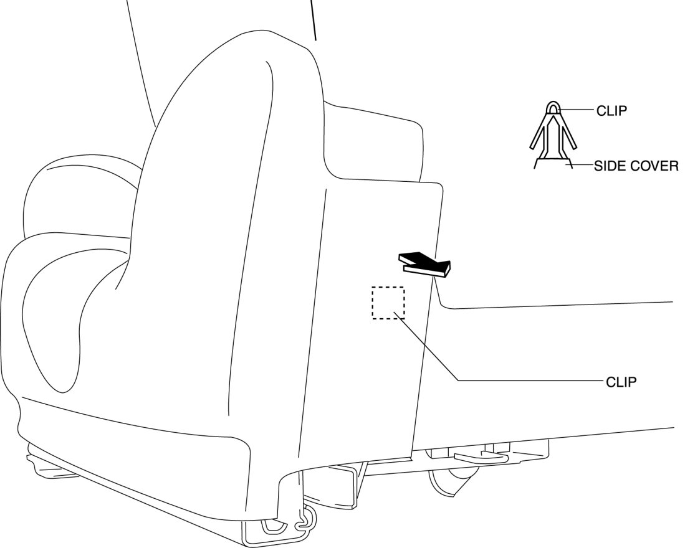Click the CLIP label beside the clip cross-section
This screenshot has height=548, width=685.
click(x=611, y=111)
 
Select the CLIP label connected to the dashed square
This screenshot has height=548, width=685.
click(x=621, y=382)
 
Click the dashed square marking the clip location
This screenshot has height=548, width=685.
click(x=388, y=303)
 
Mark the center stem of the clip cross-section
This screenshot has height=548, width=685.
click(x=553, y=140)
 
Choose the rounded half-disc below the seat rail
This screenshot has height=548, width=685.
click(x=450, y=483)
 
